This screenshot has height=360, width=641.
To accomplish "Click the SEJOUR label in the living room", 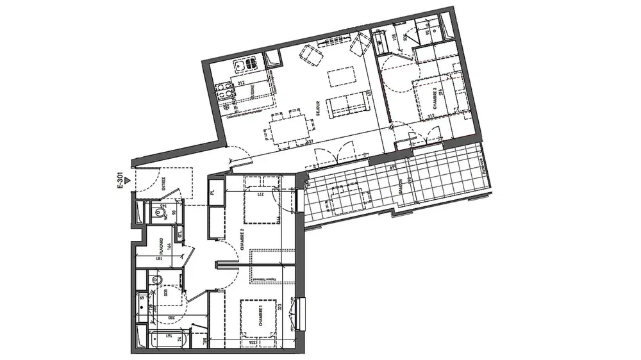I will [x=317, y=111].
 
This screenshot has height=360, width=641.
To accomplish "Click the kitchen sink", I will [x=247, y=64].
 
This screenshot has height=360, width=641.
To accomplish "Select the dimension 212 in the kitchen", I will [x=241, y=81].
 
